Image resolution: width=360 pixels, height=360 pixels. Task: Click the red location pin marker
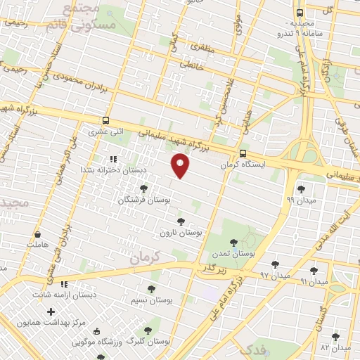click(181, 166)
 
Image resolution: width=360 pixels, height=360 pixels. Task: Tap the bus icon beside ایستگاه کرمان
click(243, 153)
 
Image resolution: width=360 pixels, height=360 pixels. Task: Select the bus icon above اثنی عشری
click(105, 120)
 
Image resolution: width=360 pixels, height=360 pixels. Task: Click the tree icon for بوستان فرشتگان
click(144, 188)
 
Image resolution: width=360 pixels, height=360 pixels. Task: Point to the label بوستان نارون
click(181, 232)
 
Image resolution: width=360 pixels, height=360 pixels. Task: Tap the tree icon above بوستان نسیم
click(151, 288)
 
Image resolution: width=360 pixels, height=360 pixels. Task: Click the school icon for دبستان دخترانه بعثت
click(114, 160)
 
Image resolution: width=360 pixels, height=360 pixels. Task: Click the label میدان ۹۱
click(314, 281)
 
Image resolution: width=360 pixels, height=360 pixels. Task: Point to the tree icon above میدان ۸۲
click(335, 336)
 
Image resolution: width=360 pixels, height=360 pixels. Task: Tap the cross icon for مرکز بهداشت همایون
click(50, 311)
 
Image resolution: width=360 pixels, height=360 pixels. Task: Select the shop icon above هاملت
click(37, 235)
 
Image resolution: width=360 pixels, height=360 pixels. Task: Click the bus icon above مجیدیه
click(300, 13)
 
